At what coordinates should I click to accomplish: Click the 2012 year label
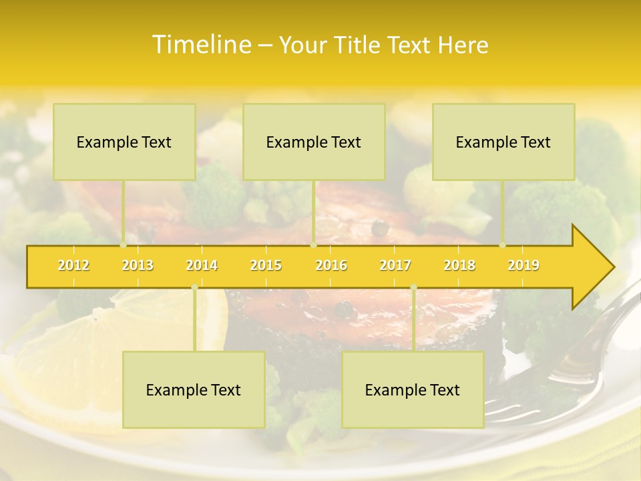click(x=73, y=266)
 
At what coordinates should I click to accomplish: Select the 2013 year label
click(x=138, y=266)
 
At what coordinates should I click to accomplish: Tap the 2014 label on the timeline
click(x=202, y=266)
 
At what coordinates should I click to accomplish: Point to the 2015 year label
click(x=266, y=266)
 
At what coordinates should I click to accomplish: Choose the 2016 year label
click(x=331, y=266)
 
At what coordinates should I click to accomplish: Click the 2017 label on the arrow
click(x=395, y=266)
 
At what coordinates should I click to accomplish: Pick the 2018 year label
click(x=459, y=266)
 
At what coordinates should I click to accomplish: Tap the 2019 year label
click(x=523, y=266)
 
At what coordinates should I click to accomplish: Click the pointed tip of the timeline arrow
click(x=612, y=267)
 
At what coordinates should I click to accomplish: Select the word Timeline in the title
click(x=200, y=45)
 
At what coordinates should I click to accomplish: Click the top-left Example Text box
click(x=124, y=142)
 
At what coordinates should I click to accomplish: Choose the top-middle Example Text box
click(x=314, y=142)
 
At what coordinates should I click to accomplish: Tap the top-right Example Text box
click(x=503, y=142)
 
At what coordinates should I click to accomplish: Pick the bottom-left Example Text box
click(x=194, y=389)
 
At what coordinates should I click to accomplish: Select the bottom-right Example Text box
click(x=413, y=389)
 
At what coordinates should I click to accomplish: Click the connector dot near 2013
click(x=123, y=245)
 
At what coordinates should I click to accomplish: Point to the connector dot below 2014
click(x=194, y=287)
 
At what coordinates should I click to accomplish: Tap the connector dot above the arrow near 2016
click(x=313, y=245)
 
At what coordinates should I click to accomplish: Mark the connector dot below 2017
click(x=413, y=287)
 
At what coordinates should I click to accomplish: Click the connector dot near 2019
click(x=502, y=245)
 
